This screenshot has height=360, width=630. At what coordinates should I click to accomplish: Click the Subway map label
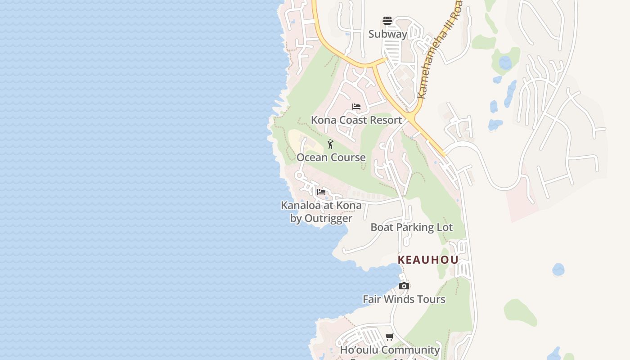click(387, 34)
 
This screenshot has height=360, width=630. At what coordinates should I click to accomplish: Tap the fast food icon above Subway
click(387, 21)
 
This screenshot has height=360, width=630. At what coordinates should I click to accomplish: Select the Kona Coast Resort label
click(356, 120)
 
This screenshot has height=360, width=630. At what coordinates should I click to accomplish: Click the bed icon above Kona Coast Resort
click(356, 107)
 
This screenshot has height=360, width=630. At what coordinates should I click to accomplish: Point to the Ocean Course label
click(331, 157)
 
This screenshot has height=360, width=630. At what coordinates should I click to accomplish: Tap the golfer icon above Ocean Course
click(330, 144)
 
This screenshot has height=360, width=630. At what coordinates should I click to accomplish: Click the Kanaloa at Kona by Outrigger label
click(321, 212)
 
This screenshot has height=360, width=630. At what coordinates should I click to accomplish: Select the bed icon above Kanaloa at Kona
click(321, 192)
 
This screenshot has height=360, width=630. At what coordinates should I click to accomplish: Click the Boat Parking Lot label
click(411, 227)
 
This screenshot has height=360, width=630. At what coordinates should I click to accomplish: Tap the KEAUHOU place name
click(428, 260)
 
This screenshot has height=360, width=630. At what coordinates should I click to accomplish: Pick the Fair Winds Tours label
click(404, 299)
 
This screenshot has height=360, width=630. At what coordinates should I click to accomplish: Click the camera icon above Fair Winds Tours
click(404, 286)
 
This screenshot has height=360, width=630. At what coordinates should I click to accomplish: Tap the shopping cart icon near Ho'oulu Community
click(390, 337)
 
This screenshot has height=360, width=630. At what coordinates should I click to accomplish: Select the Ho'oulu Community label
click(390, 350)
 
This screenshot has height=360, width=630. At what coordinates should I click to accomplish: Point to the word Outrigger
click(328, 219)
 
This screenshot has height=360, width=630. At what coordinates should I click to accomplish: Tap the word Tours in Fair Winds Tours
click(430, 299)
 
